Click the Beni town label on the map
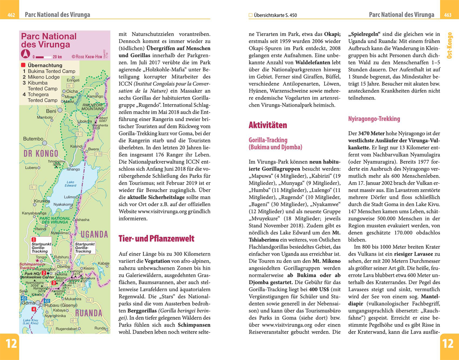(51, 111)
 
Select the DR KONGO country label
(41, 154)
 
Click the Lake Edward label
(71, 184)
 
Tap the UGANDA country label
(94, 235)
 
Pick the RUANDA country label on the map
(89, 313)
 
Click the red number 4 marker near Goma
(34, 309)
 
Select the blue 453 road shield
(24, 298)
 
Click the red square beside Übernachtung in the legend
(23, 65)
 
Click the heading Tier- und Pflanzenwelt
(156, 239)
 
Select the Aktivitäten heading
(267, 125)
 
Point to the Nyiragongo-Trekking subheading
(374, 119)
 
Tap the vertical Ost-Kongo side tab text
(449, 45)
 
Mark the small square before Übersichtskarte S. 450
(251, 15)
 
